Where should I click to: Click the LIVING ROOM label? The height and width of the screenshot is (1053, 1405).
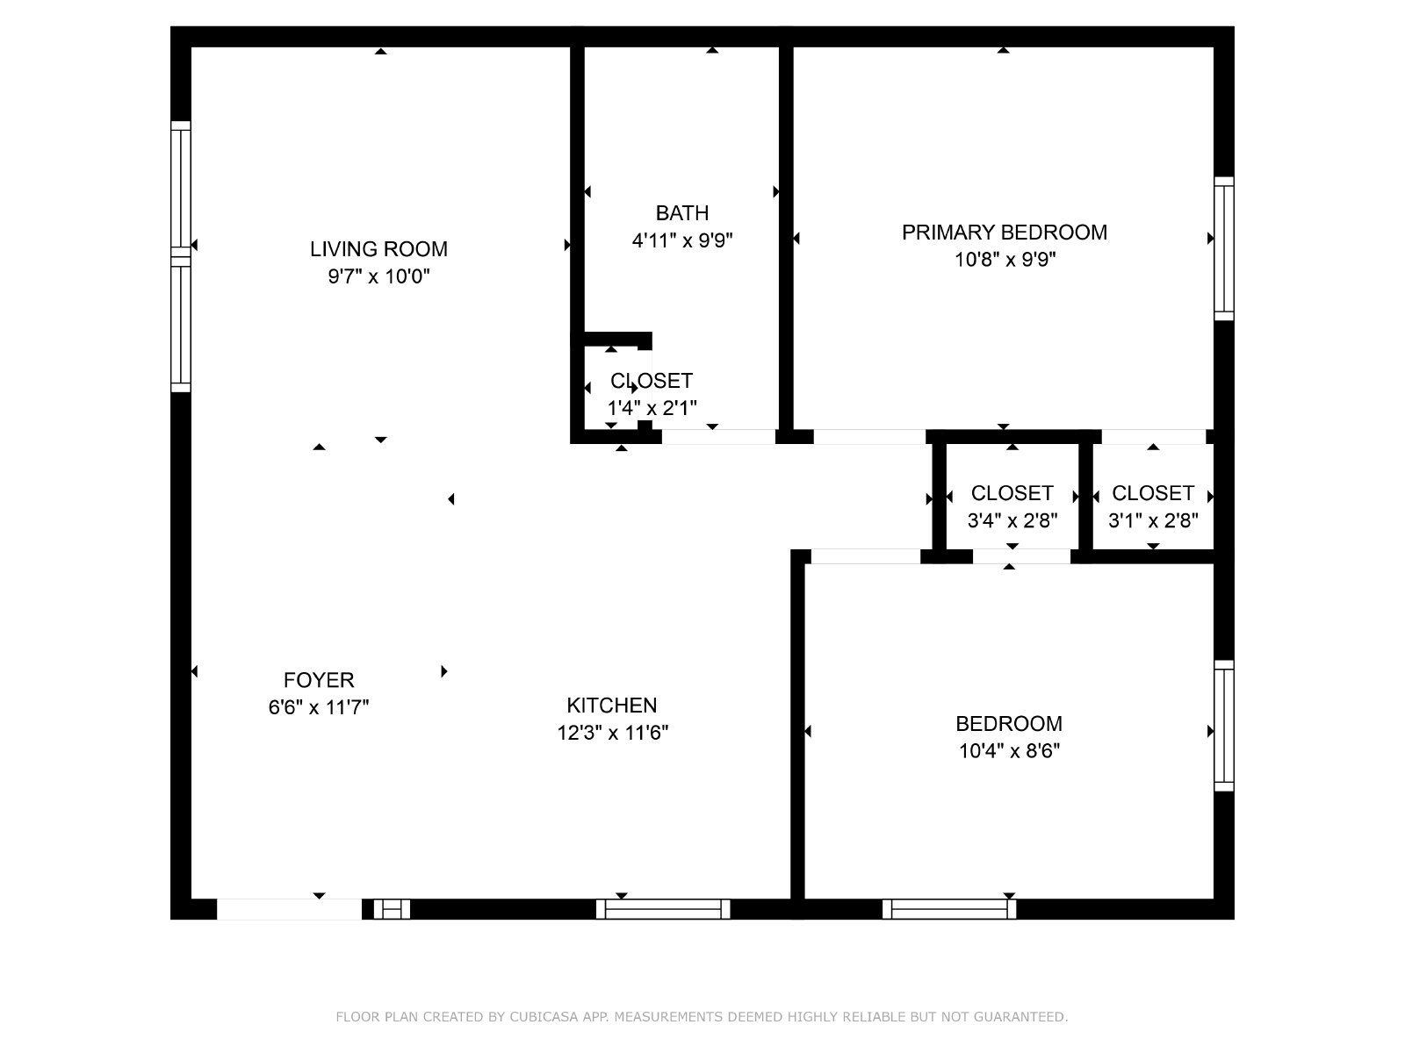tap(378, 248)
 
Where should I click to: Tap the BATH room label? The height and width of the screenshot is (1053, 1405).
tap(681, 213)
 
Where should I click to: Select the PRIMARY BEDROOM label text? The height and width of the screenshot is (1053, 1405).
tap(1005, 232)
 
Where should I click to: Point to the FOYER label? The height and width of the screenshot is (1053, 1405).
tap(319, 679)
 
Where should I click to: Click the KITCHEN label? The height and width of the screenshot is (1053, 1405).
tap(612, 706)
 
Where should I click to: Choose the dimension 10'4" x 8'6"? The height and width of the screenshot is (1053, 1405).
tap(1010, 750)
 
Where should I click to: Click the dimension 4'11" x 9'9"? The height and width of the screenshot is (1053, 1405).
tap(682, 240)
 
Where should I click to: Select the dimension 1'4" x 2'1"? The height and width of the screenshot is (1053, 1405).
tap(652, 408)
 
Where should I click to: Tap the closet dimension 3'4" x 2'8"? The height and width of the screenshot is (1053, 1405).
tap(1012, 520)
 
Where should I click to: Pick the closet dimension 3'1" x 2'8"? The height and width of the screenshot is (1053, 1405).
tap(1153, 520)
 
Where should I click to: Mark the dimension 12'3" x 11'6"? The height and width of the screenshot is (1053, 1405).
tap(613, 733)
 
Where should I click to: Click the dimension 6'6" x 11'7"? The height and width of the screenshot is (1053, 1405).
tap(319, 707)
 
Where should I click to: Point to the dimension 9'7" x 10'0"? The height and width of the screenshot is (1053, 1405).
tap(378, 276)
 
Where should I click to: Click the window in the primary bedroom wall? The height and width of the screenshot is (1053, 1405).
tap(1224, 248)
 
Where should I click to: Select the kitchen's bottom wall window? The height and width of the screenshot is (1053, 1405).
tap(663, 908)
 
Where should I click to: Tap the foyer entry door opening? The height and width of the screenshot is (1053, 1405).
tap(289, 908)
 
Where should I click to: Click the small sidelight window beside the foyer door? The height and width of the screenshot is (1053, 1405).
tap(392, 908)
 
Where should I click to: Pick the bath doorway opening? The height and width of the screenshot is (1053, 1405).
tap(718, 437)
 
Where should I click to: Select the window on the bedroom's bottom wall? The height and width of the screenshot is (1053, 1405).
tap(949, 908)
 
